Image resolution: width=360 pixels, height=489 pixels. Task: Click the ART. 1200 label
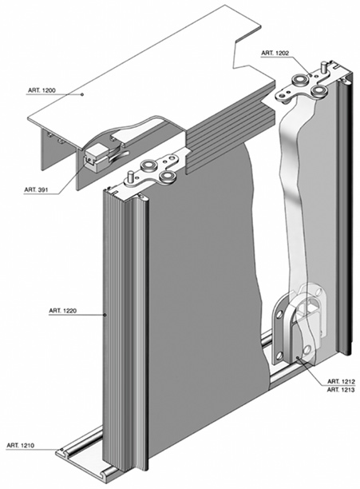coord(42,90)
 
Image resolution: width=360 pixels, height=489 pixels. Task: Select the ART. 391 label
coord(36,189)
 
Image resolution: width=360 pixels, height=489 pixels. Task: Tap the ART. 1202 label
coord(275,53)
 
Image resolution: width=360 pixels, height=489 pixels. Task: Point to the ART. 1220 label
coord(62,311)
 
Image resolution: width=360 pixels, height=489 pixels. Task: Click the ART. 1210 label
coord(21,445)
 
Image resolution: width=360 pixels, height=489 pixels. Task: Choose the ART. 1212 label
coord(342,381)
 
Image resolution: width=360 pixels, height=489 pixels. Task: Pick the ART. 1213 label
coord(342,389)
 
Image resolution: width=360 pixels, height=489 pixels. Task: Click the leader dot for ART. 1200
coord(82,94)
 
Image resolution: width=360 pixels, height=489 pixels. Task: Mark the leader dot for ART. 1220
coord(105,315)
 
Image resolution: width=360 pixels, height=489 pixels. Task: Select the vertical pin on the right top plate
coord(325,67)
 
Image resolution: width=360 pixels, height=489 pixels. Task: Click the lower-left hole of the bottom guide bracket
coord(279,355)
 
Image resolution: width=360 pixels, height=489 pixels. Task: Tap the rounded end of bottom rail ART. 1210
coord(61,451)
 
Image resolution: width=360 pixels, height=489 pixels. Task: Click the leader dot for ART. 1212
coord(298,357)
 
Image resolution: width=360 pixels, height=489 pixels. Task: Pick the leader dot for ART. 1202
coord(311,74)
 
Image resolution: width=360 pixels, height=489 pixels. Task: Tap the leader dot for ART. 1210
coord(61,450)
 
